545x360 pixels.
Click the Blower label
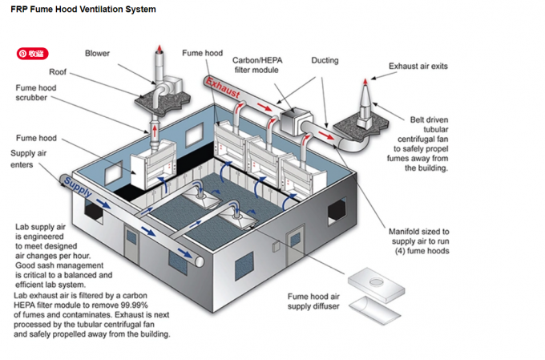97,54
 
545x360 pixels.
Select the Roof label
58,71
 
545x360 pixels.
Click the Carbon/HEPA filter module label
256,65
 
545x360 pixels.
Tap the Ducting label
325,60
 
